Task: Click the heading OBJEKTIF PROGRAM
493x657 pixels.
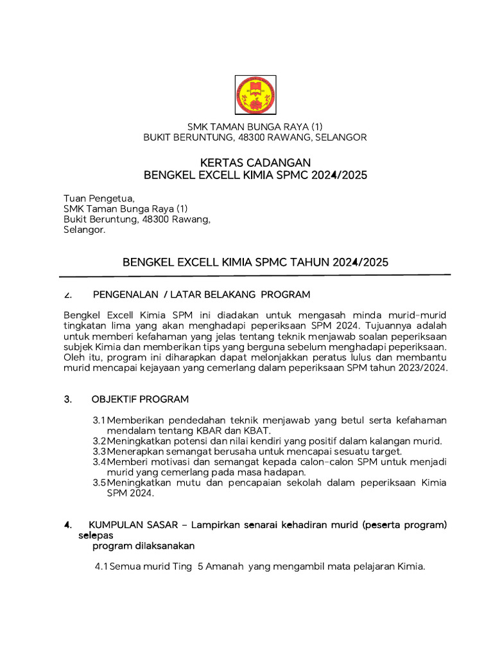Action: click(x=141, y=399)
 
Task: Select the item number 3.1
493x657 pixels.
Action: click(x=99, y=420)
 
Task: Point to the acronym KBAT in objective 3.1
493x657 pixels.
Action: click(x=255, y=430)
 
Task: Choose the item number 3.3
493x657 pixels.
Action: click(x=99, y=452)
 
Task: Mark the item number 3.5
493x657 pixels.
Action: click(x=99, y=482)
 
